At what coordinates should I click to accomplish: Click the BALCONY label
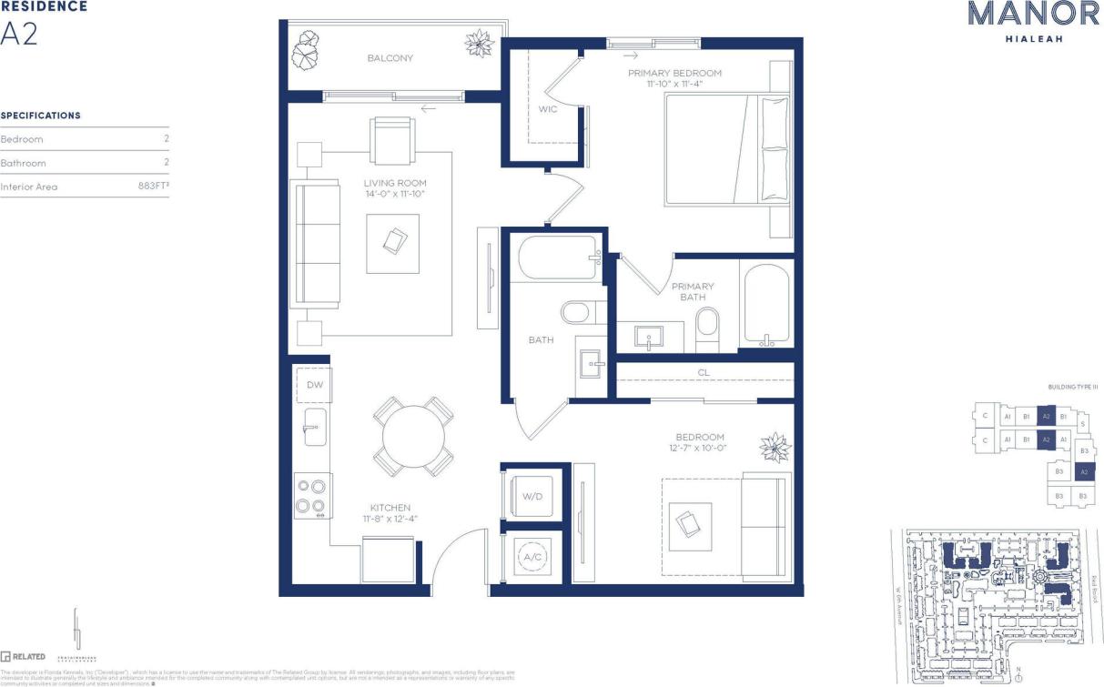click(390, 58)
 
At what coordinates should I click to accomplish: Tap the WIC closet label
click(548, 109)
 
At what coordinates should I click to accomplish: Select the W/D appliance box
click(532, 496)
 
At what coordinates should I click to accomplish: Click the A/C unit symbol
click(532, 557)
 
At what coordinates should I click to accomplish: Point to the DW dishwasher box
click(314, 385)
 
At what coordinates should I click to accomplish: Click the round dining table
click(413, 437)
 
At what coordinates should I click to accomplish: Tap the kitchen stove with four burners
click(311, 497)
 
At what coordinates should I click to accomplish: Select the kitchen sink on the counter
click(314, 427)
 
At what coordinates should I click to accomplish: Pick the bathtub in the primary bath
click(766, 305)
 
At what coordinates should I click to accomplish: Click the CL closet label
click(704, 372)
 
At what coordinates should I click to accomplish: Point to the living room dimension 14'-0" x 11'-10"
click(394, 194)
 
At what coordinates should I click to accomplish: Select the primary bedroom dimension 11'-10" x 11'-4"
click(674, 84)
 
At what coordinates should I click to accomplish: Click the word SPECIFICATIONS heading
click(41, 116)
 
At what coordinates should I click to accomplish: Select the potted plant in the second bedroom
click(775, 447)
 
